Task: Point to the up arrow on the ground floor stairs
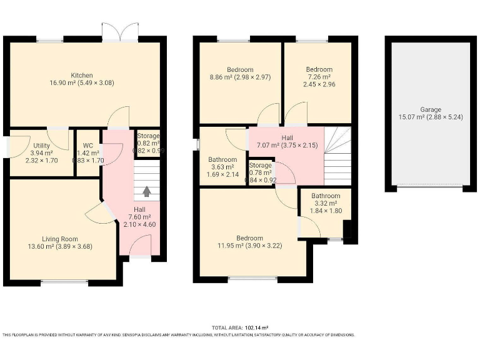click(x=147, y=192)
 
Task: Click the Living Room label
click(x=60, y=239)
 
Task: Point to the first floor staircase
click(x=337, y=156)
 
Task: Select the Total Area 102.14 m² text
click(x=240, y=327)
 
